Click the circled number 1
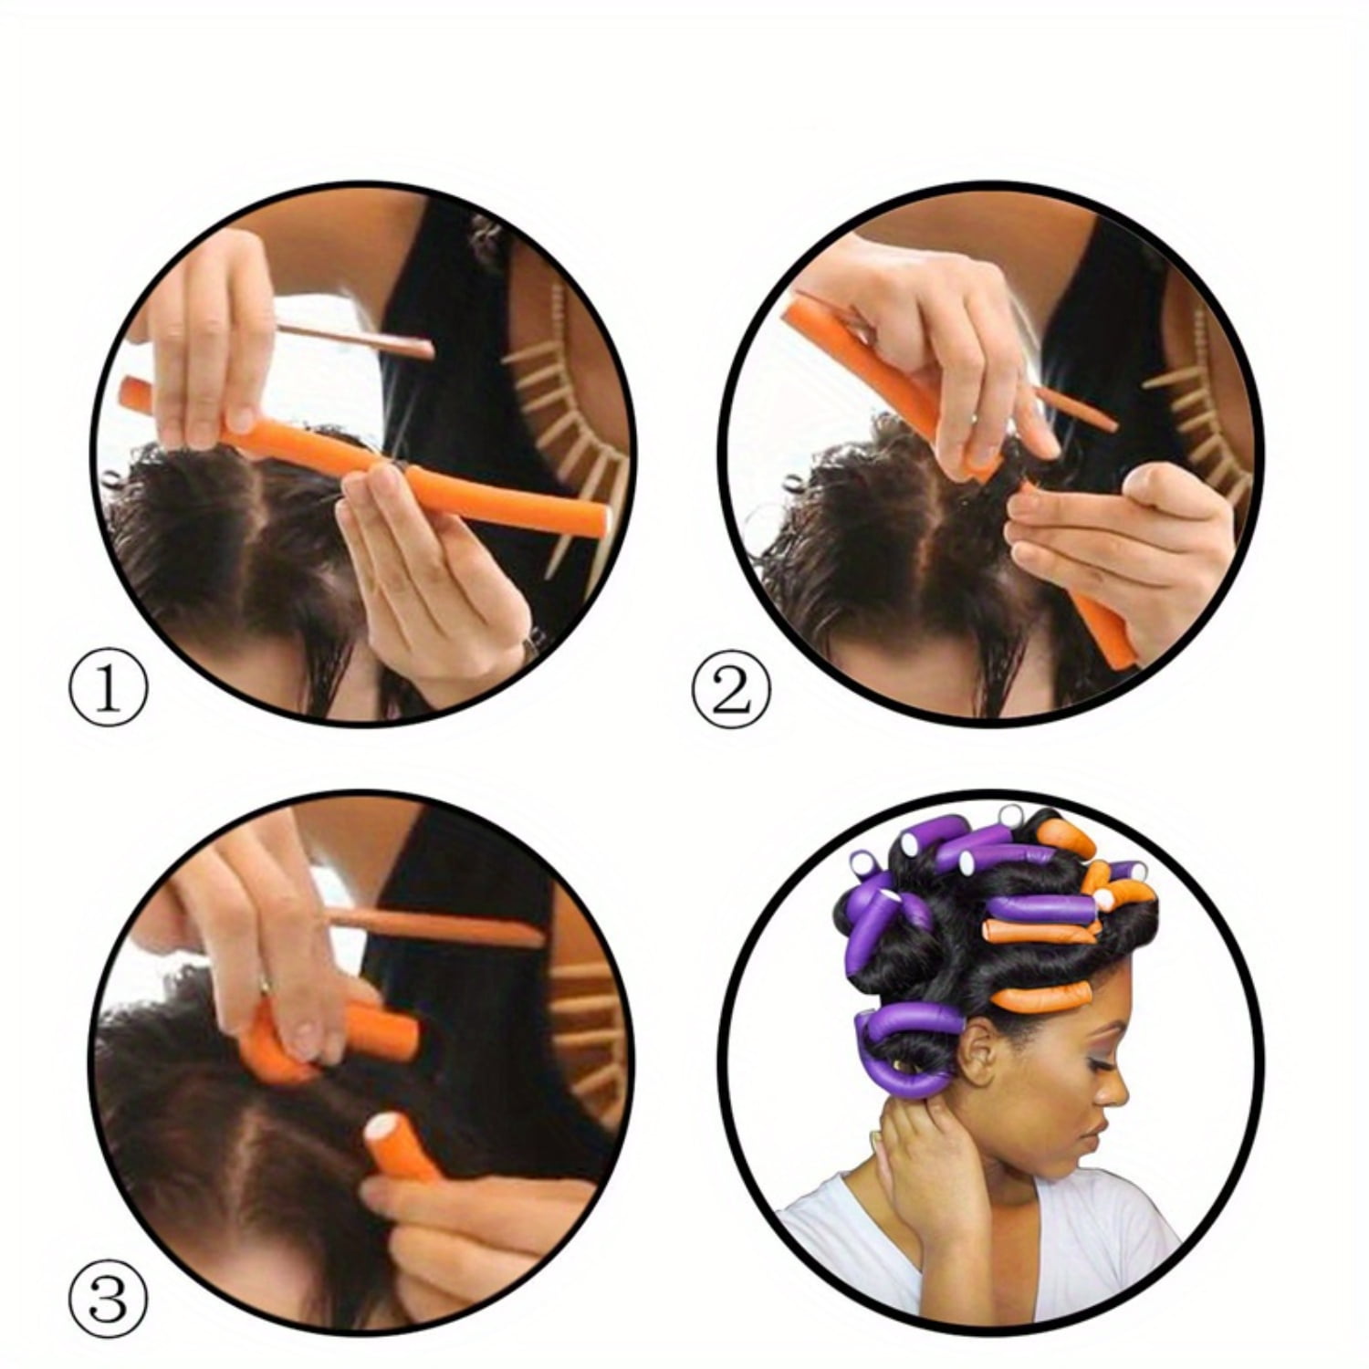[x=108, y=691]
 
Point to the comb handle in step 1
[x=356, y=338]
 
